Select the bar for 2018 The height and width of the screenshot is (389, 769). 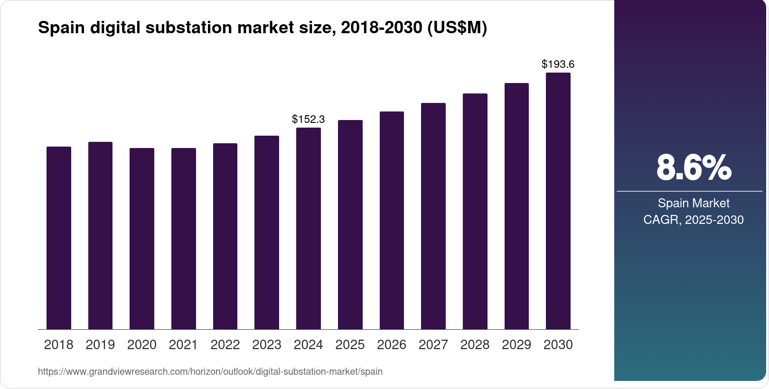point(58,238)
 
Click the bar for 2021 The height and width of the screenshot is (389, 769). point(183,239)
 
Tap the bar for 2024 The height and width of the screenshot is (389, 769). point(308,229)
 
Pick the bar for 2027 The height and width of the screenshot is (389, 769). point(433,216)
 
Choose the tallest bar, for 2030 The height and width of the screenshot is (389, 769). point(558,201)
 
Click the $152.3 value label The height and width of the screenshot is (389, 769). point(308,119)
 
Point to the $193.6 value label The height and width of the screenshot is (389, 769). point(558,64)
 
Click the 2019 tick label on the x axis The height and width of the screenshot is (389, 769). point(100,345)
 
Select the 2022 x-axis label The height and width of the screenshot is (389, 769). point(225,345)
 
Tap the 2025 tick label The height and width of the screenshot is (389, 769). point(350,345)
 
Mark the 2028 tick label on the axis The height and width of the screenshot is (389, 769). point(475,345)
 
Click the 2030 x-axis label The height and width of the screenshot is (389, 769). point(558,345)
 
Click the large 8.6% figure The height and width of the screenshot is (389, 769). point(694,167)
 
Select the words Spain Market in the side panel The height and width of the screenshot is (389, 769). point(694,204)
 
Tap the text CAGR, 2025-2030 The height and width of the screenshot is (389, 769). point(694,220)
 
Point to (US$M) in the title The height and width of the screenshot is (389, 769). point(457,28)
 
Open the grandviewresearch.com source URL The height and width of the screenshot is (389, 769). point(210,371)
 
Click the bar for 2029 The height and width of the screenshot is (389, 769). point(516,206)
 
